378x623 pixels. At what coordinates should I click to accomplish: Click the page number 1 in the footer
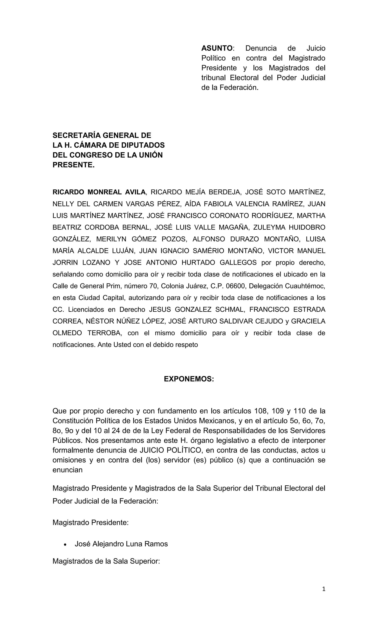tap(324, 589)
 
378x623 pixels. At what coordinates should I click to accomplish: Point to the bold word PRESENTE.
tap(73, 165)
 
